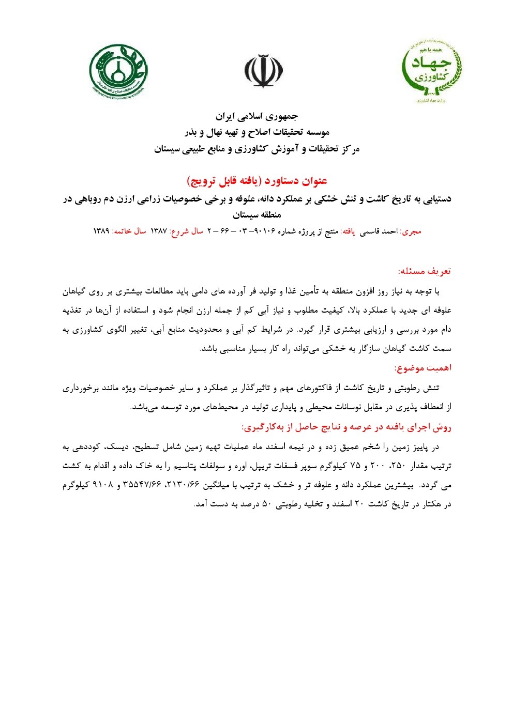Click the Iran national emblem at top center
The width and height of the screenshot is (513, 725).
tap(263, 71)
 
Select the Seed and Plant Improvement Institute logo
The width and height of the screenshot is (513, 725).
tap(118, 71)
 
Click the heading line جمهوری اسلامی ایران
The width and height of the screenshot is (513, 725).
tap(256, 116)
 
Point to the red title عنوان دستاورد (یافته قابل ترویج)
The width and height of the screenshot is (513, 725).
tap(256, 181)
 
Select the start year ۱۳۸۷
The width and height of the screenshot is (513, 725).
tap(159, 231)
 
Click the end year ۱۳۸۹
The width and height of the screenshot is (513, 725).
tap(101, 231)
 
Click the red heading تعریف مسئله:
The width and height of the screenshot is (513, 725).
tap(424, 271)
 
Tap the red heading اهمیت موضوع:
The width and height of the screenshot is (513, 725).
tap(423, 368)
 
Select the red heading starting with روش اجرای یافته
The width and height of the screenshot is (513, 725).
tap(346, 427)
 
